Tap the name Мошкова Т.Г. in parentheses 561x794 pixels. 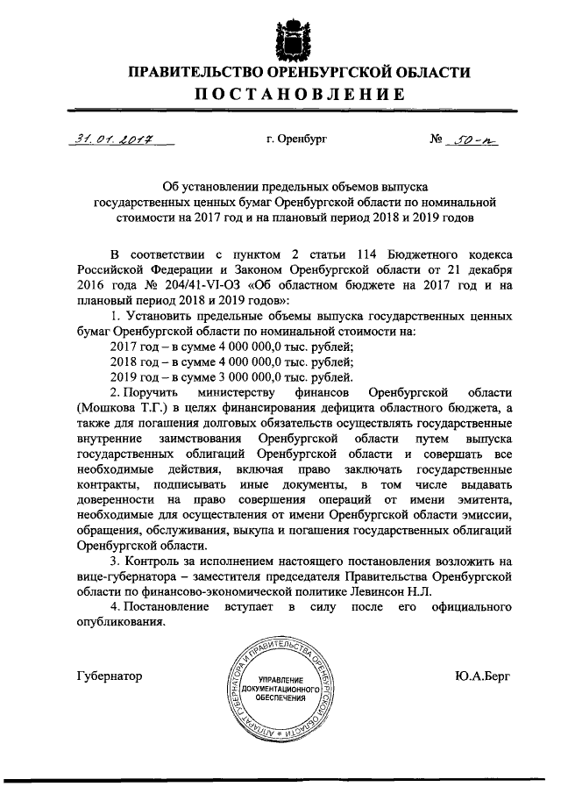[122, 410]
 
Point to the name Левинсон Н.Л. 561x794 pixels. [401, 592]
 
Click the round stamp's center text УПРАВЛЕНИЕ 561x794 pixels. [286, 682]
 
